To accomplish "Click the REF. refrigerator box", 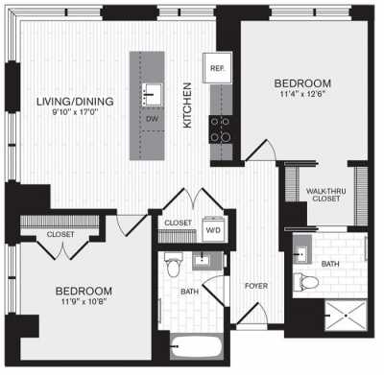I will [x=216, y=69].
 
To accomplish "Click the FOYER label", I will [x=255, y=285].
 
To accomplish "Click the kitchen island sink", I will [x=152, y=97].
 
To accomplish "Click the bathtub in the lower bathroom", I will [x=196, y=347].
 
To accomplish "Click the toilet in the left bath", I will [x=174, y=261].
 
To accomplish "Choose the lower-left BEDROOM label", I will [x=84, y=291].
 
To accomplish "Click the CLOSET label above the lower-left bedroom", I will [x=61, y=233].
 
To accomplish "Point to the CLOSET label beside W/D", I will [x=178, y=223].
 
